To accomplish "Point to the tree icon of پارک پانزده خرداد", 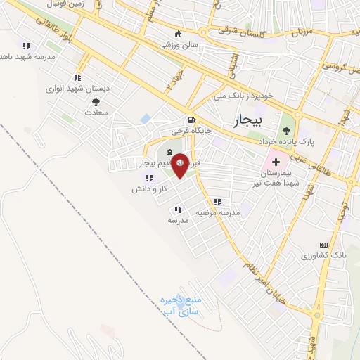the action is pos(285,130).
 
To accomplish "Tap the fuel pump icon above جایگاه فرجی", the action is pos(191,120).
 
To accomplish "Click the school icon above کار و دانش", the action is pos(149,179).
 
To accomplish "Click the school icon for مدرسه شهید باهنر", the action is pos(26,46).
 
